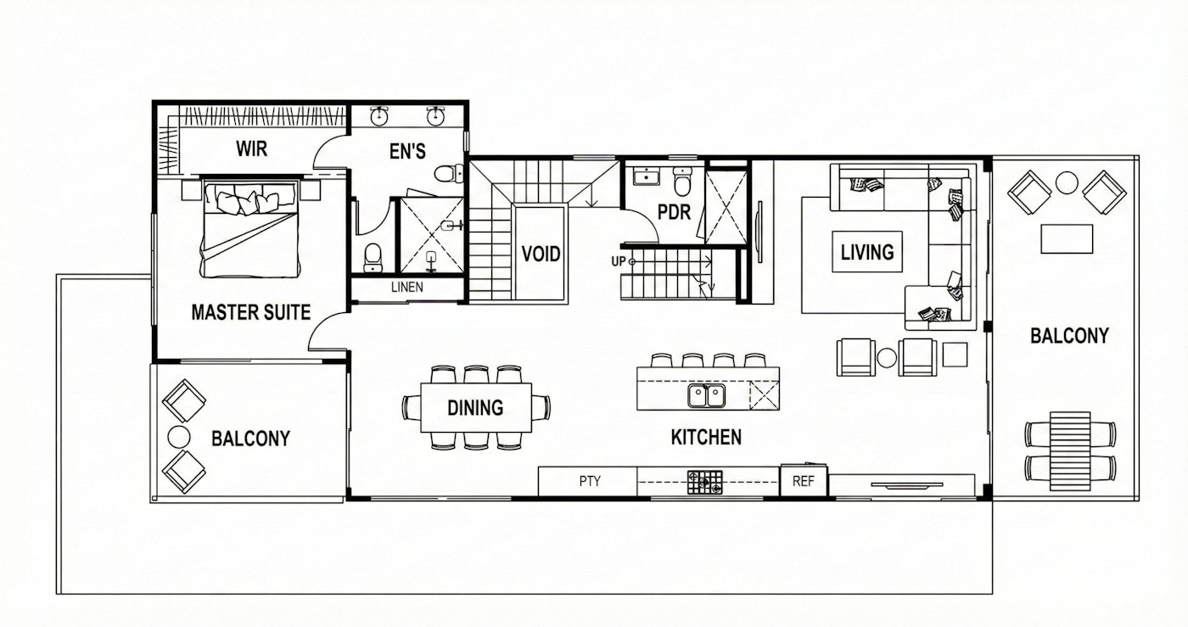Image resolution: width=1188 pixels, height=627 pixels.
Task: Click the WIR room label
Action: (x=251, y=150)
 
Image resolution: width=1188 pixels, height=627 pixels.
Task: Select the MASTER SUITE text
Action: (x=250, y=313)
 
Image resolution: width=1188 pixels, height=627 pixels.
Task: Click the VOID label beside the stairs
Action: (x=541, y=254)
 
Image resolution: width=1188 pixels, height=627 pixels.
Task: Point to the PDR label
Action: (x=675, y=212)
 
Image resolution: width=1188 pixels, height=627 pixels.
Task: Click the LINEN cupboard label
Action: (x=407, y=288)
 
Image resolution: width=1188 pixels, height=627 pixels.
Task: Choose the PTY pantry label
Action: (x=590, y=481)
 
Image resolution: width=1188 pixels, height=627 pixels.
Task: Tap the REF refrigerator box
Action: (x=803, y=481)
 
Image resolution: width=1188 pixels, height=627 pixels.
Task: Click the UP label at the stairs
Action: (x=619, y=261)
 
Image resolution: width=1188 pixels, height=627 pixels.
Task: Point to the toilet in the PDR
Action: (x=682, y=183)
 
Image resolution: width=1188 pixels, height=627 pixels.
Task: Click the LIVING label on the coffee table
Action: (x=866, y=252)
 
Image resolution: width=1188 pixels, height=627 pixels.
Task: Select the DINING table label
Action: (x=475, y=408)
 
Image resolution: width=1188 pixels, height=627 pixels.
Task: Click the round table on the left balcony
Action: (x=179, y=436)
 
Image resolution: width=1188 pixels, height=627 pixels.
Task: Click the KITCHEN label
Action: (x=706, y=438)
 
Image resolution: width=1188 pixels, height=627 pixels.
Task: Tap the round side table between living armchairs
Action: (x=887, y=357)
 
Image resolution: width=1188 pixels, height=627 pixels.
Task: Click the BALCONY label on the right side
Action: (x=1069, y=336)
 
